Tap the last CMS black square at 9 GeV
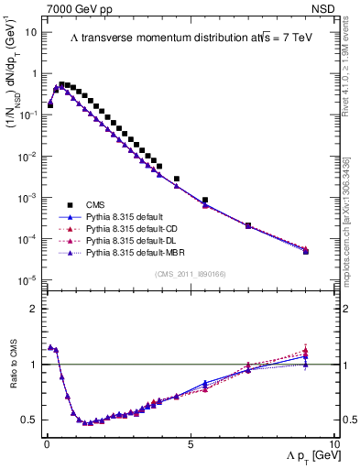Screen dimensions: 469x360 click(x=305, y=251)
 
